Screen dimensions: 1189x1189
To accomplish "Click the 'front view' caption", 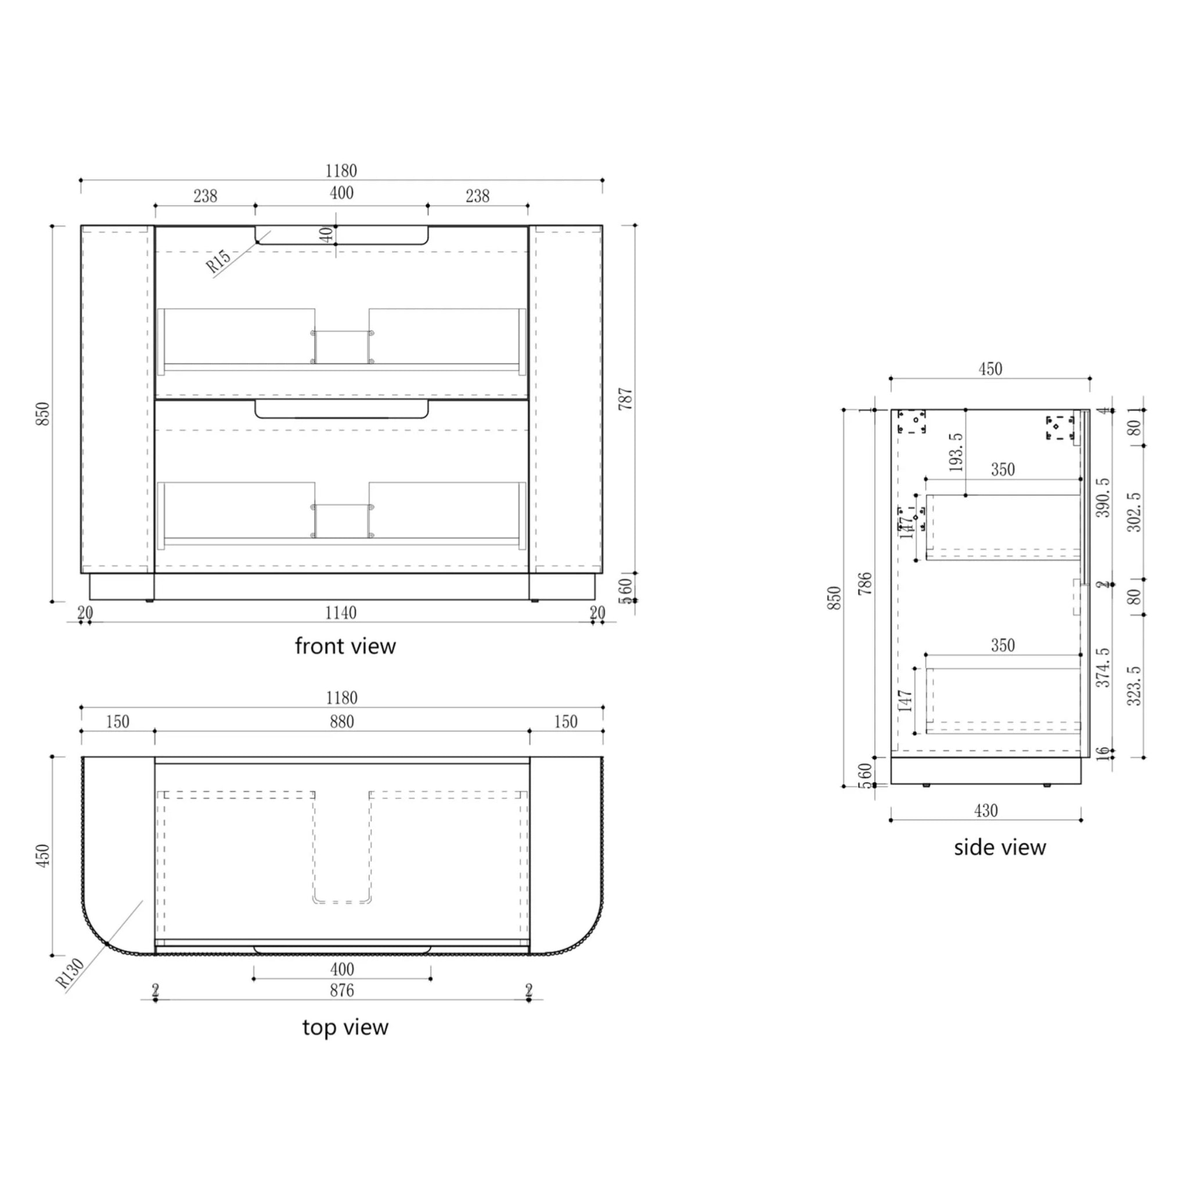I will [345, 646].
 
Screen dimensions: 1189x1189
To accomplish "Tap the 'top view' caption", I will [345, 1027].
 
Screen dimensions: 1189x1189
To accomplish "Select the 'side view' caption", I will [1000, 848].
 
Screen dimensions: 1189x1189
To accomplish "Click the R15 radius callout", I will [218, 261].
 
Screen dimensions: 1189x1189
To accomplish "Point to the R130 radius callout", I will [70, 974].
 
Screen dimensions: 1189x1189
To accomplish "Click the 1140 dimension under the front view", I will [340, 613].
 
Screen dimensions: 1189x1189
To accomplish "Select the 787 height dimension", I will [625, 399].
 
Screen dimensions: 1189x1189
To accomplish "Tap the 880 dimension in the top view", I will [341, 722].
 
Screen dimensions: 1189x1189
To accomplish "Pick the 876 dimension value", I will [341, 991].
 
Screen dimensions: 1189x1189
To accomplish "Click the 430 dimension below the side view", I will [985, 811].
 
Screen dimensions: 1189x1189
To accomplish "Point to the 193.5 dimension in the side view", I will [956, 452].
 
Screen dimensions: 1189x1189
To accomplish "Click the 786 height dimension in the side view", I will [865, 583].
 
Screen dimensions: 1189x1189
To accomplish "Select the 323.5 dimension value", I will [1134, 686].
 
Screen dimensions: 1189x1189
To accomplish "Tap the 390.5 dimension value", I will [1104, 498].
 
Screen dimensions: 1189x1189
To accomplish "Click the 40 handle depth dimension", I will [327, 235].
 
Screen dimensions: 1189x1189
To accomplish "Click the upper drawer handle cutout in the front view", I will [341, 236].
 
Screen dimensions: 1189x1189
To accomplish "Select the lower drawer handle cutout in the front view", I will [341, 410].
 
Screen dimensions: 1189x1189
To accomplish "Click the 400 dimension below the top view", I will [341, 970].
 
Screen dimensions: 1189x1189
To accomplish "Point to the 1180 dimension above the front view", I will [341, 171].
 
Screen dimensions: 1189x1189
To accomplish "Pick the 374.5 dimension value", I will [1104, 667].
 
